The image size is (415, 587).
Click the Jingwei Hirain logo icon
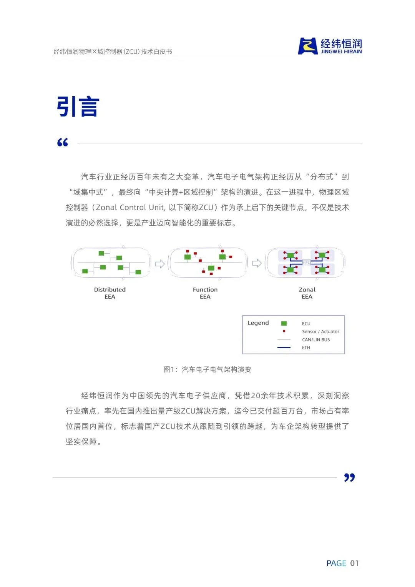pos(308,46)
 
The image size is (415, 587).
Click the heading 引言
pos(78,106)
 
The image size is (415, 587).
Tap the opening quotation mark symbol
pos(63,143)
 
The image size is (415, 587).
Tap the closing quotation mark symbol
pos(349,477)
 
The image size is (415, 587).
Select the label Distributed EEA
pos(110,293)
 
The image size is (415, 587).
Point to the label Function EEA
pos(205,293)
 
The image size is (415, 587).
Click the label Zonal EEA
pos(307,293)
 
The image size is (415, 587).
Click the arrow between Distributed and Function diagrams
pos(160,264)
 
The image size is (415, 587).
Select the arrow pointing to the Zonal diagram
pos(257,263)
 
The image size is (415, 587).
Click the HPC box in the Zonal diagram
pos(306,263)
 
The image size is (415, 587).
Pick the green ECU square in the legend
pos(284,324)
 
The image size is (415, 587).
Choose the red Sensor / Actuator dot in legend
pos(284,331)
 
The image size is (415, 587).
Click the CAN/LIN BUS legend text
pos(316,340)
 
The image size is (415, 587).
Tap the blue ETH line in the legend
pos(284,348)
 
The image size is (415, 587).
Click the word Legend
pos(258,323)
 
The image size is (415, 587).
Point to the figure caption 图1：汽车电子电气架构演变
pos(207,369)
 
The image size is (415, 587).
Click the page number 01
pos(354,563)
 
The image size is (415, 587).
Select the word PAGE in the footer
pos(336,563)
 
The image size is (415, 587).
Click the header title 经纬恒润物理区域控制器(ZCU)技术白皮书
pos(113,52)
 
